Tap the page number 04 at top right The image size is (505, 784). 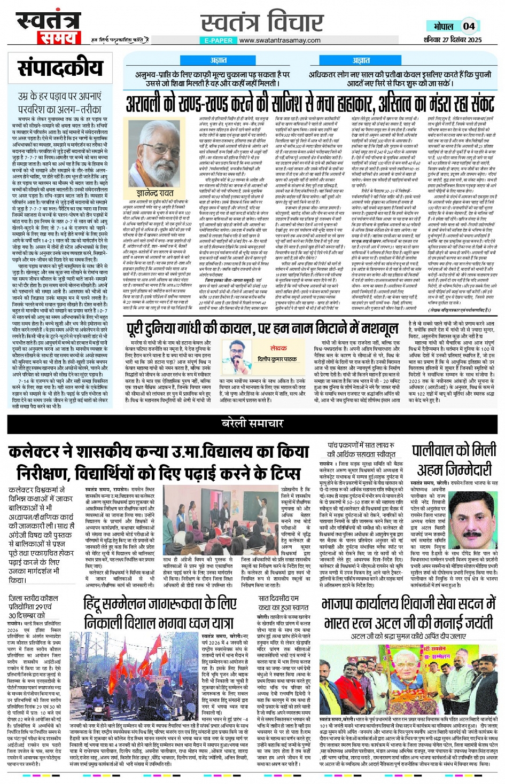(469, 26)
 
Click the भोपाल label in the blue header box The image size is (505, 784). (443, 26)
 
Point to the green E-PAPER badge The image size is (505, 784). (219, 40)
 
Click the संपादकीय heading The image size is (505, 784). (60, 68)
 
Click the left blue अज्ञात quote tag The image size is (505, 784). (218, 60)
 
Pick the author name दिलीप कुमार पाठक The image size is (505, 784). (277, 359)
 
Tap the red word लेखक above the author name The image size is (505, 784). (278, 348)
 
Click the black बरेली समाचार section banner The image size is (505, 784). (252, 424)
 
